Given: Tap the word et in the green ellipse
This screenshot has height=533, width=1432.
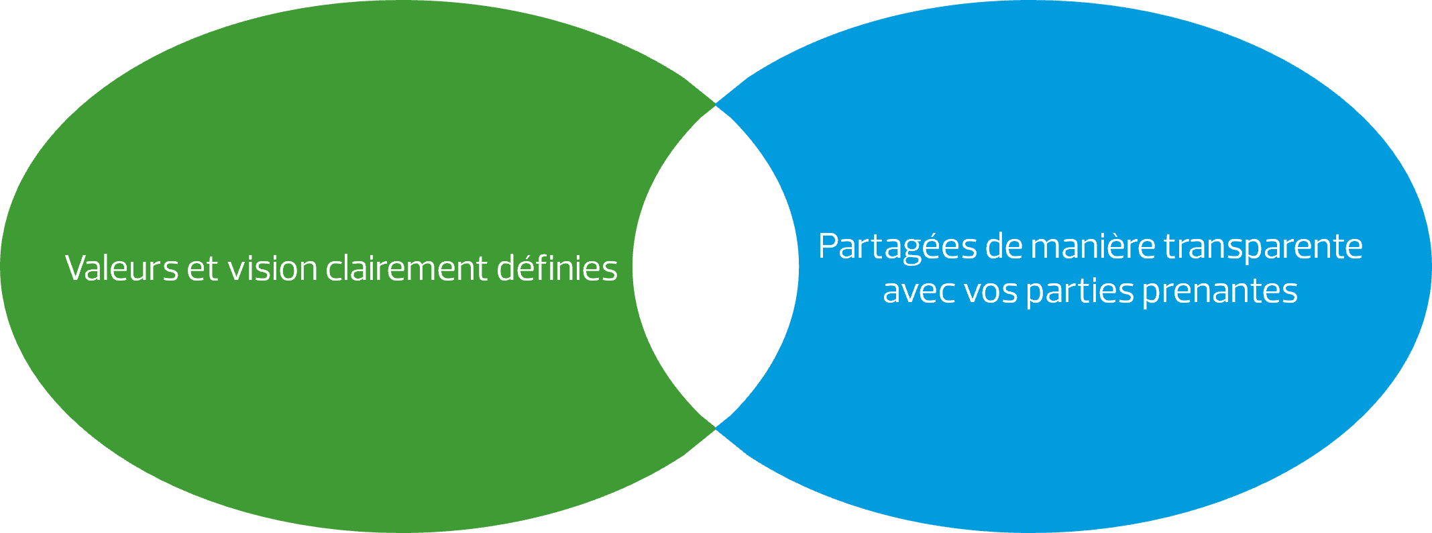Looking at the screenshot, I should (203, 269).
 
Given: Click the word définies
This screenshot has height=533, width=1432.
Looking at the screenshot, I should (557, 269).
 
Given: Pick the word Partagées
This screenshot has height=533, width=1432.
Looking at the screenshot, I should (897, 248).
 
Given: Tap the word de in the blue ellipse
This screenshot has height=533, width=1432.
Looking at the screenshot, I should (1004, 246).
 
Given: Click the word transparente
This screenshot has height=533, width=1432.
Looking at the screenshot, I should (1263, 248).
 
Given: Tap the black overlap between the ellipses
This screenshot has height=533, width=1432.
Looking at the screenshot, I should (716, 266).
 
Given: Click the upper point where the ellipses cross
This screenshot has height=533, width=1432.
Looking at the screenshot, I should (716, 105).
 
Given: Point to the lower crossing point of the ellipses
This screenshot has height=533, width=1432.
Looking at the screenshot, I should (716, 427).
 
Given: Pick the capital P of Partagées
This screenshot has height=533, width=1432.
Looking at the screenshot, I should (829, 246).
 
